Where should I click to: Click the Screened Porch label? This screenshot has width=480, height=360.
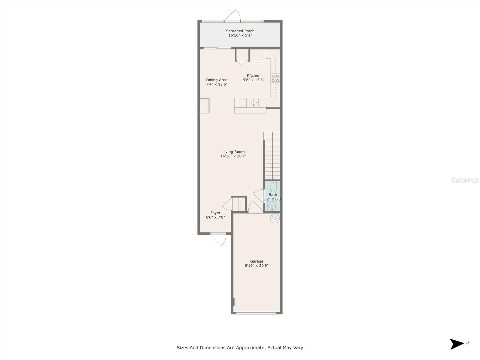pos(240,31)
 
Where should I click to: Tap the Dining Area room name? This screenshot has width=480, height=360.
pos(217,80)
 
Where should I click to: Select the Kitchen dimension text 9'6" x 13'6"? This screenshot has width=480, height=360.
pos(253,80)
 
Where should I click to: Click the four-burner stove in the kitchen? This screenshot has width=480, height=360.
pos(275,79)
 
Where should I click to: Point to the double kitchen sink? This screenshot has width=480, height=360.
pos(254,103)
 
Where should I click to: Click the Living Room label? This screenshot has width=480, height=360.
pos(233,152)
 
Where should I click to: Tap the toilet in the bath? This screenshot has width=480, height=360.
pos(273,186)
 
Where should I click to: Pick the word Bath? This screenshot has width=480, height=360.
pos(273,195)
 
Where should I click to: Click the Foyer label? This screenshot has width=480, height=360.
pos(215,213)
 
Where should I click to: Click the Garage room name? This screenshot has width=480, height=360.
pos(257,261)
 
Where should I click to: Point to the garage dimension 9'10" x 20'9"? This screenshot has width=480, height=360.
pos(256,266)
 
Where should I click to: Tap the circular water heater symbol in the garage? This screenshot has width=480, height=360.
pos(275,218)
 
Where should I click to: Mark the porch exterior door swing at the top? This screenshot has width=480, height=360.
pos(233,15)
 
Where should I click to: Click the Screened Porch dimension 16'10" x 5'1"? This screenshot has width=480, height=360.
pos(240,35)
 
